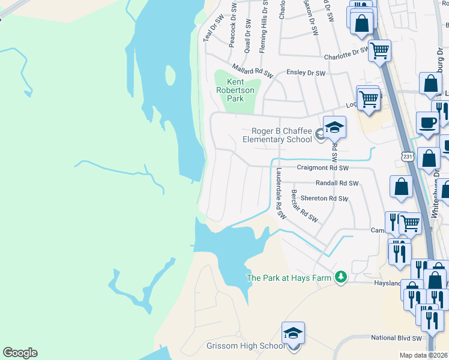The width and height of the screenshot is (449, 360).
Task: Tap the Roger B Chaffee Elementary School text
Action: [277, 136]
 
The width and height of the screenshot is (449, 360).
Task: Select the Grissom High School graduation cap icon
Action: [293, 334]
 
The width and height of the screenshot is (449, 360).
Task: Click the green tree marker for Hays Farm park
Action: [341, 277]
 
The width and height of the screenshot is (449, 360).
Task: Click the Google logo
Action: [20, 353]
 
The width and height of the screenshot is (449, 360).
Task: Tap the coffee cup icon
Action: [427, 123]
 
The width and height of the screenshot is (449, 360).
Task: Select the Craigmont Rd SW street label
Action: [323, 169]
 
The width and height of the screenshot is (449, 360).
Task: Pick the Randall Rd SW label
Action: [337, 184]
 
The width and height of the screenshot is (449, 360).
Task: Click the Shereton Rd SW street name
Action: [324, 199]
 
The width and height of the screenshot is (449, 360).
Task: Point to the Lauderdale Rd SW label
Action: [279, 192]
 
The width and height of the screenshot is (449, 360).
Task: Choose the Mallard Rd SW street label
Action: [253, 70]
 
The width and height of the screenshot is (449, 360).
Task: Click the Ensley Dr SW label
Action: [306, 73]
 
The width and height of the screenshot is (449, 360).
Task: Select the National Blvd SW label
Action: [397, 338]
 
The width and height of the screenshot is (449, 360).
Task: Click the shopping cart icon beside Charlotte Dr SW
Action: [379, 52]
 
